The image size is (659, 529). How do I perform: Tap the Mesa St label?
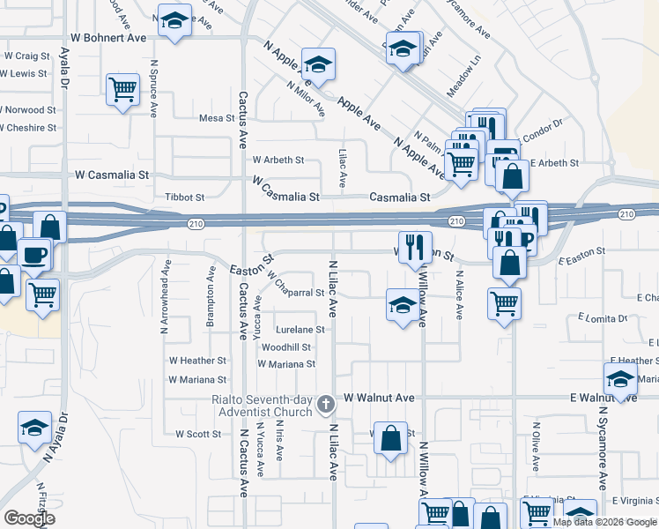(x=215, y=118)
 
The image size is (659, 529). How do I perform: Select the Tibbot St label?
(x=185, y=197)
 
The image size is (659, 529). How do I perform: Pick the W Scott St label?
(x=198, y=434)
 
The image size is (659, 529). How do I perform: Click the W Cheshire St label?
(x=27, y=128)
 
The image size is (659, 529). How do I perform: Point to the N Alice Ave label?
(x=459, y=294)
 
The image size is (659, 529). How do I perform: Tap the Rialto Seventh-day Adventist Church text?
(x=262, y=406)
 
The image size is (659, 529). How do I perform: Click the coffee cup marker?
(x=34, y=254)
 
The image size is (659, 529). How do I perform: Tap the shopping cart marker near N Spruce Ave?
(x=123, y=89)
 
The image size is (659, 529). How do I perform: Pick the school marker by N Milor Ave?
(x=317, y=63)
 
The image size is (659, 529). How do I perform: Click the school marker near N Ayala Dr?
(x=34, y=428)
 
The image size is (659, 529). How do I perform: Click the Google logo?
(x=29, y=518)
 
